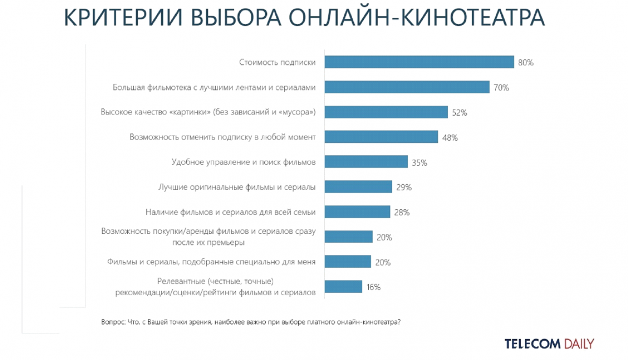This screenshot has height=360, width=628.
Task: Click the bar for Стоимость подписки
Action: point(419,62)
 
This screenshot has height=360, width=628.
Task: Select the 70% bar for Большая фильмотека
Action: point(407,87)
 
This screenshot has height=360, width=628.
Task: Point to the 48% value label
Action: point(450,137)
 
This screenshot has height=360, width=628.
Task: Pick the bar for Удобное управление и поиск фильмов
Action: point(366,162)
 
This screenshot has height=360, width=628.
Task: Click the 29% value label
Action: point(404,187)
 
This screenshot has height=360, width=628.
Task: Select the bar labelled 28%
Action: point(357,212)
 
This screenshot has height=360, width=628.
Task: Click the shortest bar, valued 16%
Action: point(343,287)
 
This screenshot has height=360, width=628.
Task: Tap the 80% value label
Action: point(525,62)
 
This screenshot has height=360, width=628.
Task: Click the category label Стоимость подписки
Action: point(277,62)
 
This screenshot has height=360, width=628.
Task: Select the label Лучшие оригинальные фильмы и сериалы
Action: point(237,187)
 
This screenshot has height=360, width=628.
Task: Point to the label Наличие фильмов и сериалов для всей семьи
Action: point(230,212)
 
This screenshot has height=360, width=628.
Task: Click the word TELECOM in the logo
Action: point(533,344)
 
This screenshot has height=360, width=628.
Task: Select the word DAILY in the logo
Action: point(579,344)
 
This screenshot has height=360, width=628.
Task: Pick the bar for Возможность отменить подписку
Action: point(381,137)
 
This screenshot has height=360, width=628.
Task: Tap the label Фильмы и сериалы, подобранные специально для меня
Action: point(211,262)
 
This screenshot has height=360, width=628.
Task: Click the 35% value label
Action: point(420,162)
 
